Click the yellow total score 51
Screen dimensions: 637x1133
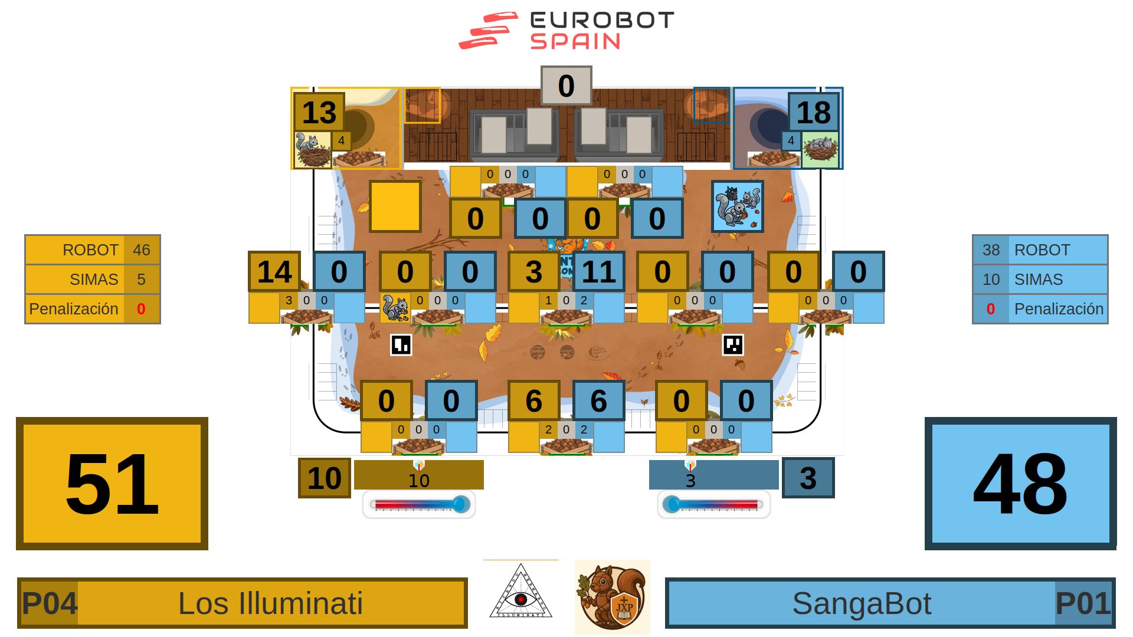point(112,484)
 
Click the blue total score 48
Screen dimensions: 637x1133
point(1020,484)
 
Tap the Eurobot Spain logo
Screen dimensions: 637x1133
point(566,31)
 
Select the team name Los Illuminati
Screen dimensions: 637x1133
point(270,603)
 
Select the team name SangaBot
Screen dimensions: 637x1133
point(862,603)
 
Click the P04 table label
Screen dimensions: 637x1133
point(50,603)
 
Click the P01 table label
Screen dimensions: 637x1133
point(1083,603)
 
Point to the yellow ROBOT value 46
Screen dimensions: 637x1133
point(142,250)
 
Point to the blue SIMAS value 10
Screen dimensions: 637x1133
point(991,280)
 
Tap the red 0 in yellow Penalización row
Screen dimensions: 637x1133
point(141,309)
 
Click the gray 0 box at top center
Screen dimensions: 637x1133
point(566,86)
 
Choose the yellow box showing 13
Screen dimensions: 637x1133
point(319,112)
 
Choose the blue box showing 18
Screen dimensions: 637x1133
point(813,112)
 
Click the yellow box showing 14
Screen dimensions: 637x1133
point(274,271)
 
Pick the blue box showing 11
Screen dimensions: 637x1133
point(598,271)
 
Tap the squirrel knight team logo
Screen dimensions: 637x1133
point(613,597)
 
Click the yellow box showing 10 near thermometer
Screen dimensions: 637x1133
point(324,478)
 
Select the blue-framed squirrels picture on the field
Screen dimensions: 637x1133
point(737,206)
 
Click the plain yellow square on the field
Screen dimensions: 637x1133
point(395,206)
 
